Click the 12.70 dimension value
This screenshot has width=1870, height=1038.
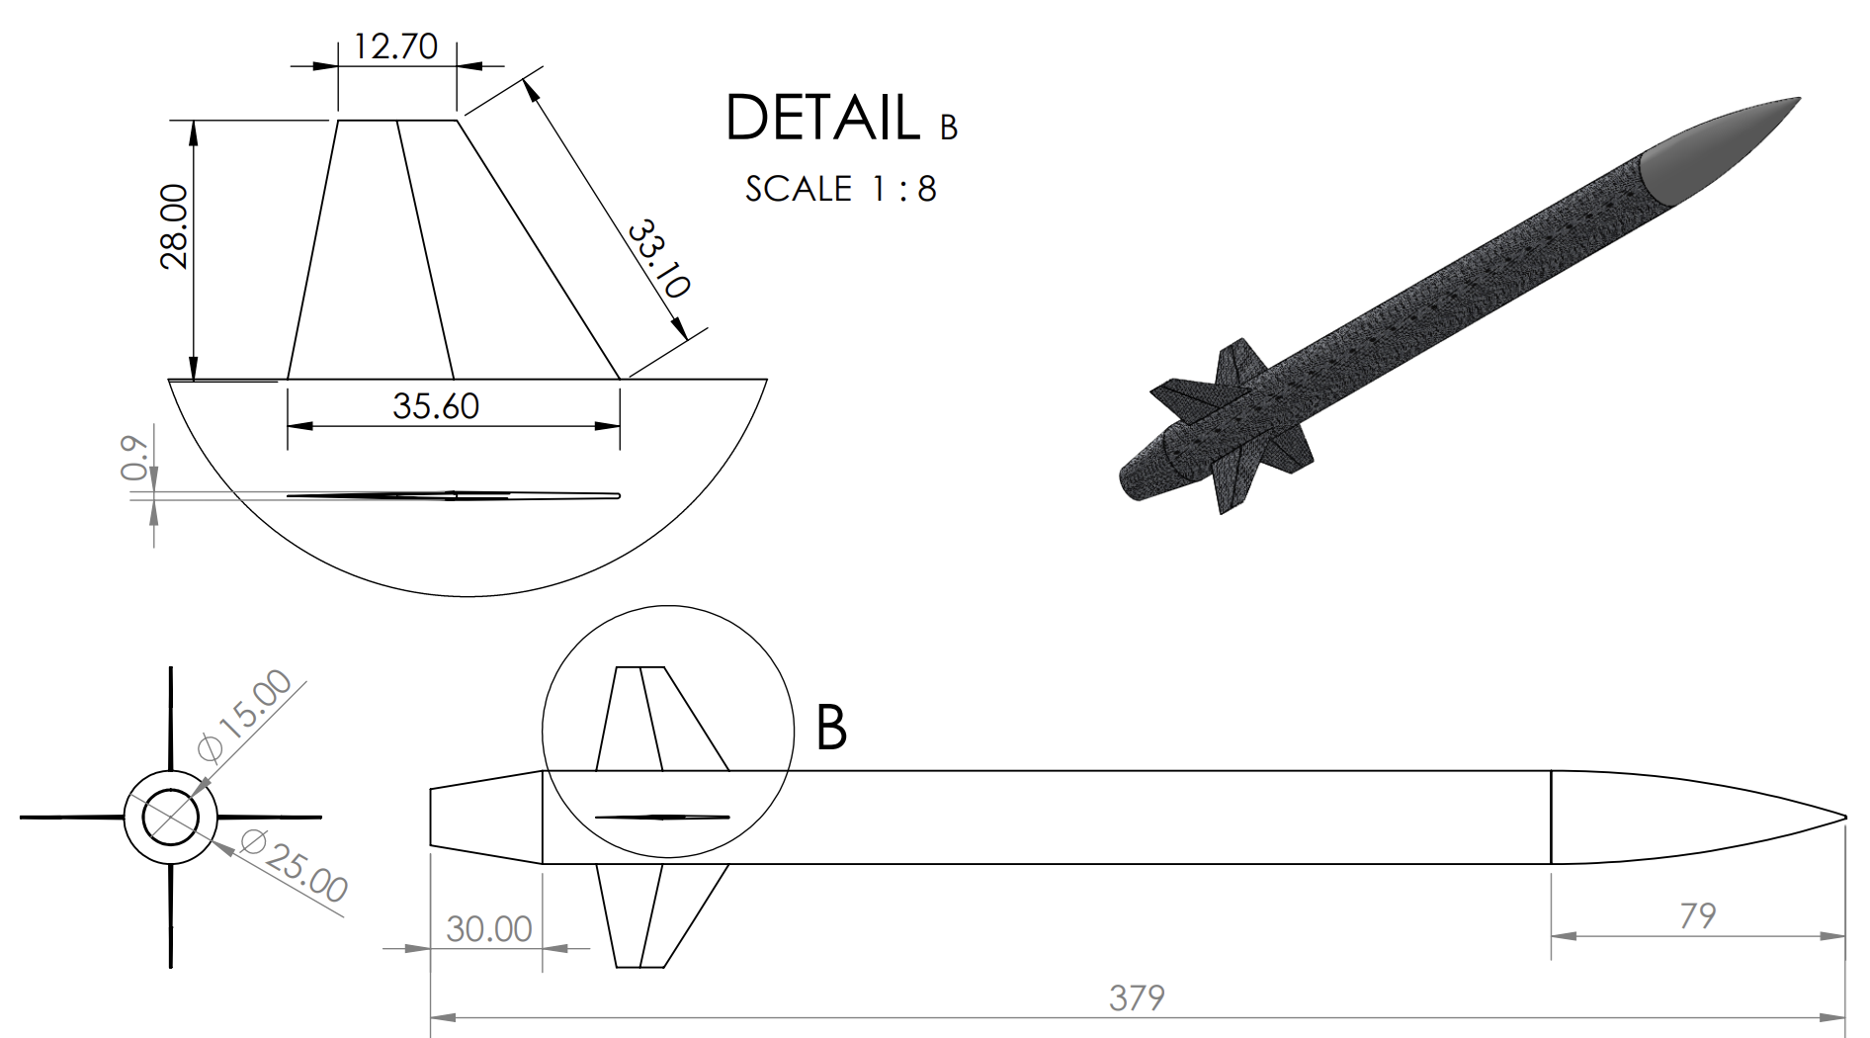395,46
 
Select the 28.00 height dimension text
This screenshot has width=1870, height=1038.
174,225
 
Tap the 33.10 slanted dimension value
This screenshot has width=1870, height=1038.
658,258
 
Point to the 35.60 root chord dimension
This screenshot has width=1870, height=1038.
435,405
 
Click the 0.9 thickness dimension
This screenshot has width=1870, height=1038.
135,458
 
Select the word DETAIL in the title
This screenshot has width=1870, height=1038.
822,118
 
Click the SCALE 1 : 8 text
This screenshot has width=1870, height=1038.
840,189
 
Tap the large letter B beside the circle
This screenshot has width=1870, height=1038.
831,728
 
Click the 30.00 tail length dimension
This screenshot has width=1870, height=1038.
488,928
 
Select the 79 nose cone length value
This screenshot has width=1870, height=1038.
1697,915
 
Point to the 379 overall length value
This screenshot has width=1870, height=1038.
1137,997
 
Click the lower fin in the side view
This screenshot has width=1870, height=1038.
652,914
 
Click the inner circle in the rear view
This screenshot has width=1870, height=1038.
170,818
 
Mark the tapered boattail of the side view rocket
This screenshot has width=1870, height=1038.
484,818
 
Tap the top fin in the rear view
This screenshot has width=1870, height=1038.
170,717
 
